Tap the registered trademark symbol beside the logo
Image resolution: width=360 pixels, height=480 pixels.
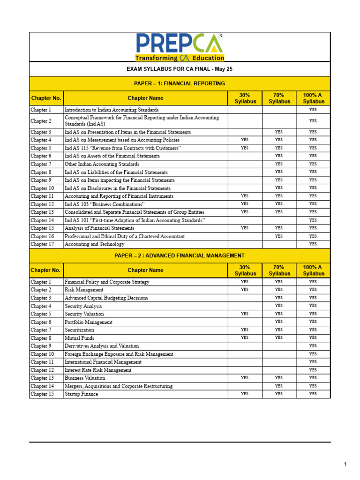[220, 36]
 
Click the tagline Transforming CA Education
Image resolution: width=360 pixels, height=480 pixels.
[180, 58]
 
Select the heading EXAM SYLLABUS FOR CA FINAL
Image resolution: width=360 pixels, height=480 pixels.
[180, 69]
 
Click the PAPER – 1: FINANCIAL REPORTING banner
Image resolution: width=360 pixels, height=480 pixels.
[180, 83]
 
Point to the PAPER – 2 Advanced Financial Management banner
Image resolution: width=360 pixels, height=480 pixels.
[180, 255]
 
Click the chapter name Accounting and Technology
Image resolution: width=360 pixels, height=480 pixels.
[95, 244]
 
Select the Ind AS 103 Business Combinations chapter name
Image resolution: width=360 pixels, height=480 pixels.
[105, 204]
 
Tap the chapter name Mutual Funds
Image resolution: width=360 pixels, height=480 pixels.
[79, 338]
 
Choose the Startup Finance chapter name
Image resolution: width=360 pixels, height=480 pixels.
[82, 394]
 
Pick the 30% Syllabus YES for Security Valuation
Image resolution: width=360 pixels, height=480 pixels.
[245, 314]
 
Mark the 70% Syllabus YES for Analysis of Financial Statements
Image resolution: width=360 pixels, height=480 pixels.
[279, 228]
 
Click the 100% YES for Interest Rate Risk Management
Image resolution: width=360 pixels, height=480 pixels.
[313, 370]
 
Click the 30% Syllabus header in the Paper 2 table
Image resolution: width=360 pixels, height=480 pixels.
[245, 270]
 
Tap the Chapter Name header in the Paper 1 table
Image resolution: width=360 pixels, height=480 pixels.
[146, 98]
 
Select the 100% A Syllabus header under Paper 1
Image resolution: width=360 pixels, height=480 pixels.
[313, 98]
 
